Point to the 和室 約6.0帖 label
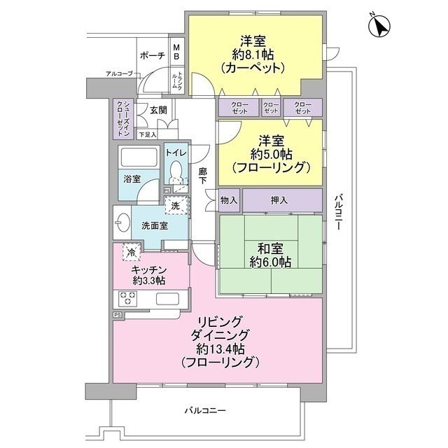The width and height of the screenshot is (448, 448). [269, 254]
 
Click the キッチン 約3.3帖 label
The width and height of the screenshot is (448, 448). [148, 275]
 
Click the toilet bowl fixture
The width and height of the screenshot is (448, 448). [176, 169]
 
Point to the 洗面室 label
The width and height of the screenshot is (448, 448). [154, 225]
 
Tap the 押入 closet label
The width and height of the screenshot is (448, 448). [279, 200]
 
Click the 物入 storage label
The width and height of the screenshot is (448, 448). [229, 200]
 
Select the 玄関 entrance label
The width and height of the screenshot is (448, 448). [158, 110]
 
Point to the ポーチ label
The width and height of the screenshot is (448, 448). [152, 56]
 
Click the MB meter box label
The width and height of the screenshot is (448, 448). [176, 51]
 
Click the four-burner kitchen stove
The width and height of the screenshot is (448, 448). [129, 299]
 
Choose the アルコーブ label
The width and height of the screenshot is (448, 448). [119, 73]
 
